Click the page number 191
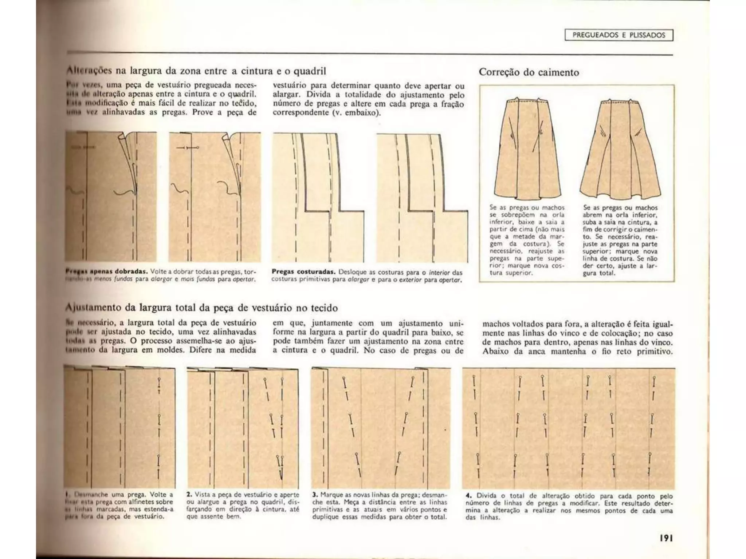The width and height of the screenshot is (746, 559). pos(665,538)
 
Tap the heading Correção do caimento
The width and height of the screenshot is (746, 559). pos(529,72)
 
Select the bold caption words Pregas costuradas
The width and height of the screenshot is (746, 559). pos(303,272)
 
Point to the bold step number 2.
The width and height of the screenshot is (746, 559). pos(189,495)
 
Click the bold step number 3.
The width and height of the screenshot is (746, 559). pos(315,495)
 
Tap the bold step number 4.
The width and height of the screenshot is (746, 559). pos(468,496)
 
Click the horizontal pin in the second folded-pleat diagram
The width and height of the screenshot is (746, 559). pos(188,148)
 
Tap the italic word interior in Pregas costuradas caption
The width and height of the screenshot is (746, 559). pos(440,272)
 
